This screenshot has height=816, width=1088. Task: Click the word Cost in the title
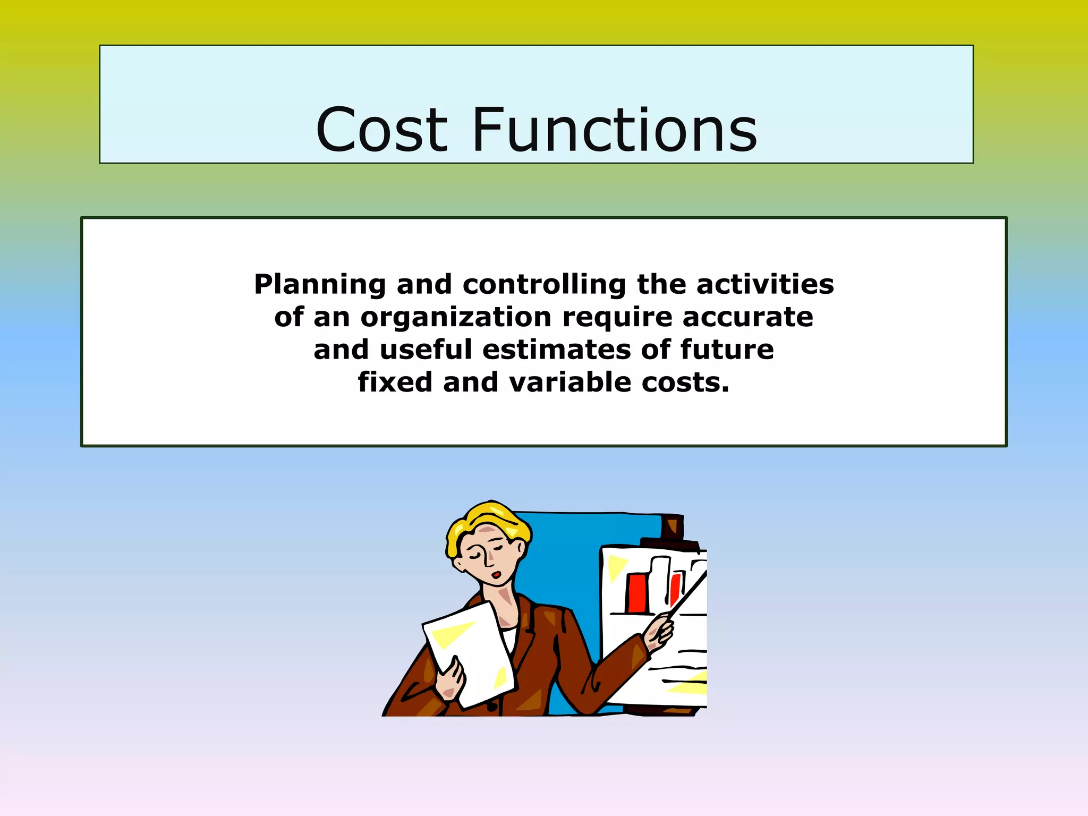point(381,130)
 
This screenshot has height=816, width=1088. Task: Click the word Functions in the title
point(615,130)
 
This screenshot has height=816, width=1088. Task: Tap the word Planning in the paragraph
point(320,285)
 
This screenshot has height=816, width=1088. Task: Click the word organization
point(456,318)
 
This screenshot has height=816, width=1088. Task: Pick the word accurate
point(747,317)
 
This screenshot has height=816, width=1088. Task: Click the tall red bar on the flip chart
point(636,593)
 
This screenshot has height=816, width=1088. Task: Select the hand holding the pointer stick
point(659,633)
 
